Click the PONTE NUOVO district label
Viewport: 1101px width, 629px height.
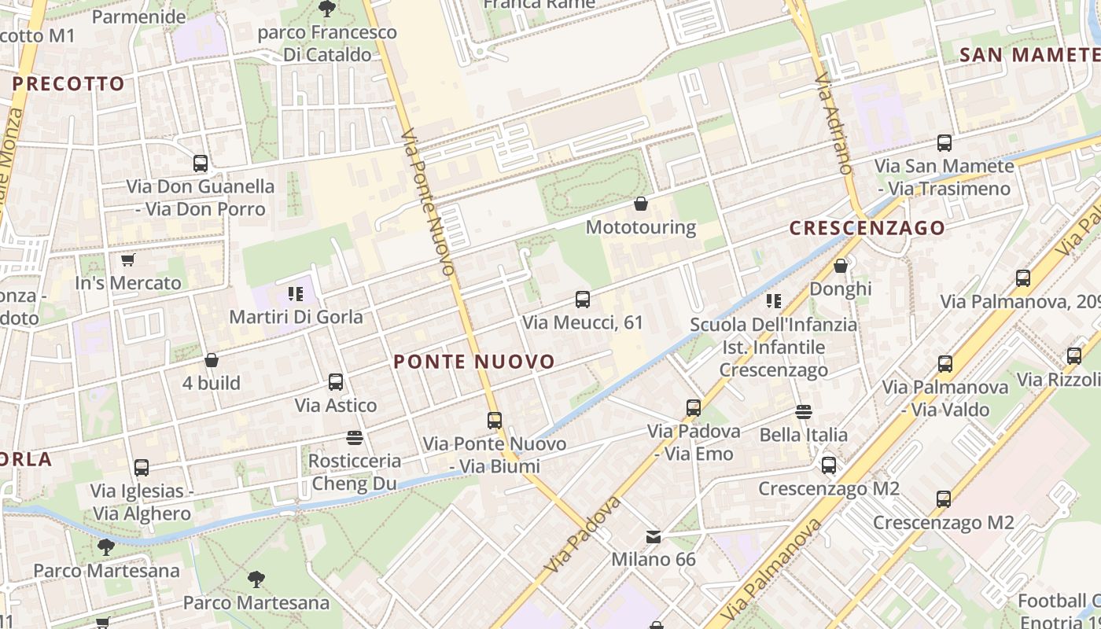pos(474,362)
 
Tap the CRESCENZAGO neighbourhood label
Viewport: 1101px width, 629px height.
pos(867,228)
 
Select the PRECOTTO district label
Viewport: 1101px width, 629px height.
pos(68,83)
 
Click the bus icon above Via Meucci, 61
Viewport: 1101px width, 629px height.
pos(583,300)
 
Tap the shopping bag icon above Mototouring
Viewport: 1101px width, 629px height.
pos(641,204)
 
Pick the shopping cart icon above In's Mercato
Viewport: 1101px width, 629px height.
pos(128,259)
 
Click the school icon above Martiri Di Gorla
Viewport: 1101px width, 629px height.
pos(296,294)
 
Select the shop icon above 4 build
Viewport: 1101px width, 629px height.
pos(211,361)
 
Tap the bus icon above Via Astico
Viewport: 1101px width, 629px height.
pos(336,382)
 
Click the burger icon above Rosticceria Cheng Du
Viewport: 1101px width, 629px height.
pos(354,437)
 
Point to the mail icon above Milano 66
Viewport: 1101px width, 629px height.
pos(654,537)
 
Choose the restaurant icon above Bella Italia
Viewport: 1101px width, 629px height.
pos(803,412)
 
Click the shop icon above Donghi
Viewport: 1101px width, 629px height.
pos(841,266)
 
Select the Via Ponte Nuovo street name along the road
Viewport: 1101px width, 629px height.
pos(428,202)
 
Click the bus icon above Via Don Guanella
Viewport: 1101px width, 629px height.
pos(201,164)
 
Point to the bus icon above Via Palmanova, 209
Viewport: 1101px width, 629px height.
pos(1022,278)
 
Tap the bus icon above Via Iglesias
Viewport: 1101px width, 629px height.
pos(142,468)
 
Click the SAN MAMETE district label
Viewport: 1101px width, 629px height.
pos(1029,55)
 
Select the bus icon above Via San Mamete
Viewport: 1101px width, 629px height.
pos(944,143)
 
